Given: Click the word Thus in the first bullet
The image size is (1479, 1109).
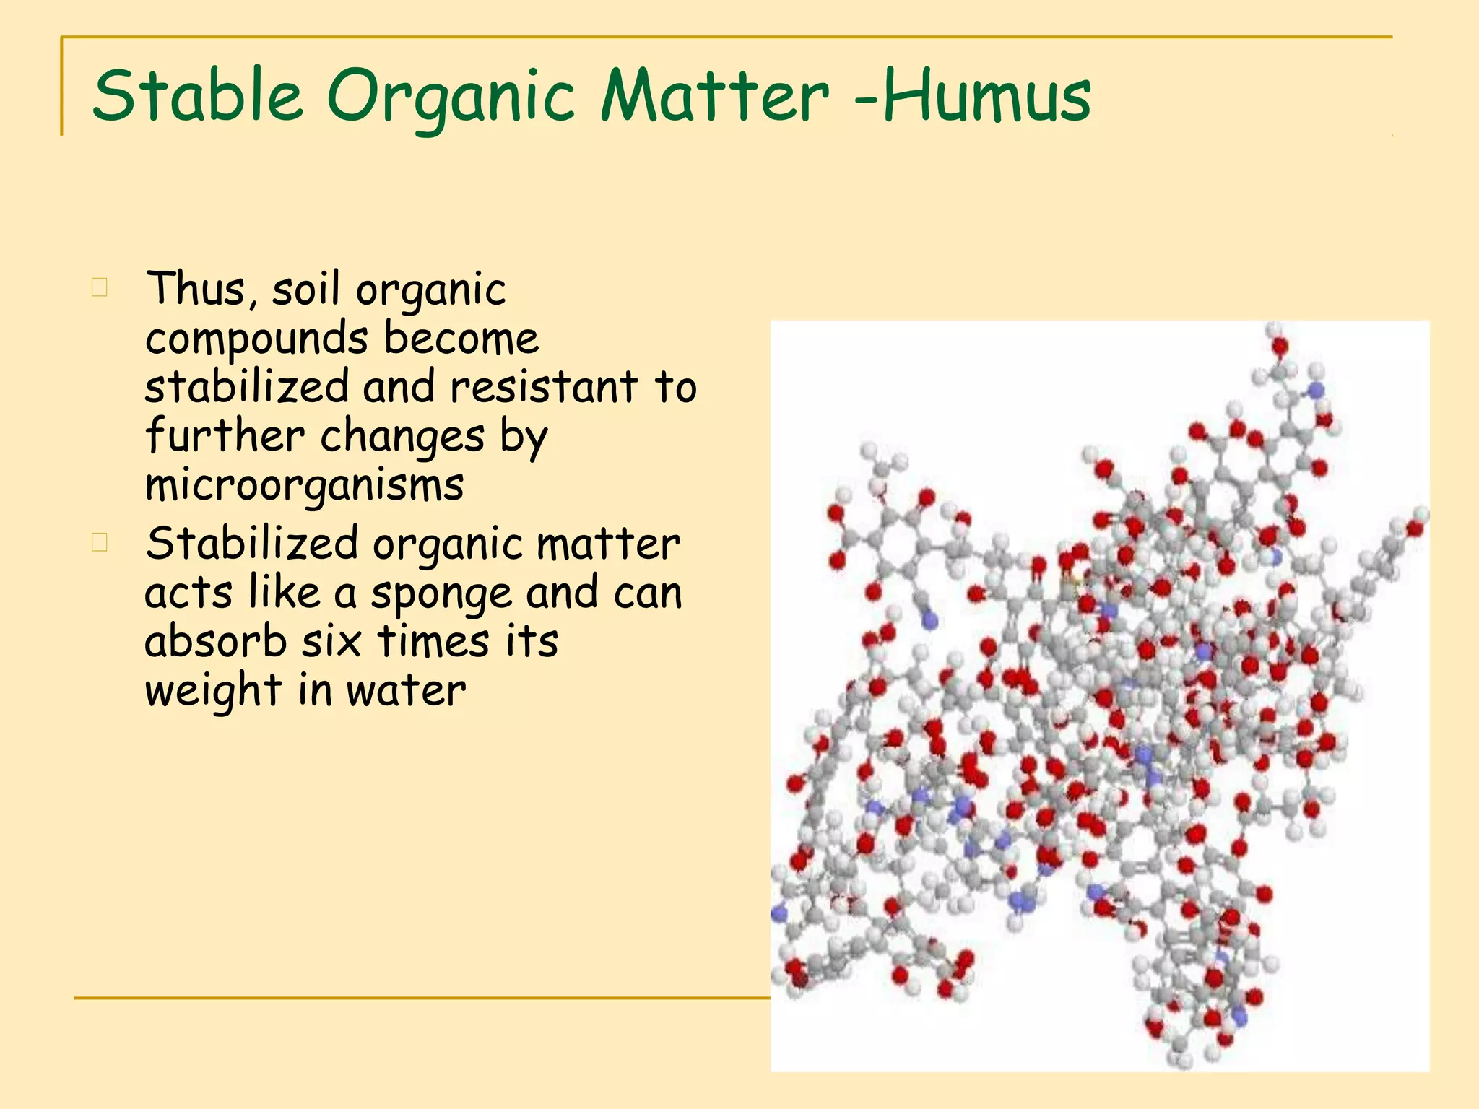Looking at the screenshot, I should pyautogui.click(x=196, y=289).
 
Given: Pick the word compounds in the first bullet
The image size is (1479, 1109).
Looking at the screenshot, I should pyautogui.click(x=256, y=339).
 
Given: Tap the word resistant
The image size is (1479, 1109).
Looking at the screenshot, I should pyautogui.click(x=544, y=387).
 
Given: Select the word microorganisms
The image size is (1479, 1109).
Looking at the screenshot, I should pyautogui.click(x=304, y=485).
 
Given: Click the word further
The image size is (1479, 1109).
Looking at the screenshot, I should pyautogui.click(x=225, y=436).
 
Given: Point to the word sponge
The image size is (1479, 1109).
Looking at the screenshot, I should pyautogui.click(x=441, y=595).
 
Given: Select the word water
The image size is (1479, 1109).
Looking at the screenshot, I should pyautogui.click(x=406, y=692).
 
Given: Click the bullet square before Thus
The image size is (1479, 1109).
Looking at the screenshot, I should pyautogui.click(x=100, y=287).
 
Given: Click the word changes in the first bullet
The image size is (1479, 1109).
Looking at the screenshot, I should pyautogui.click(x=402, y=436).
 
